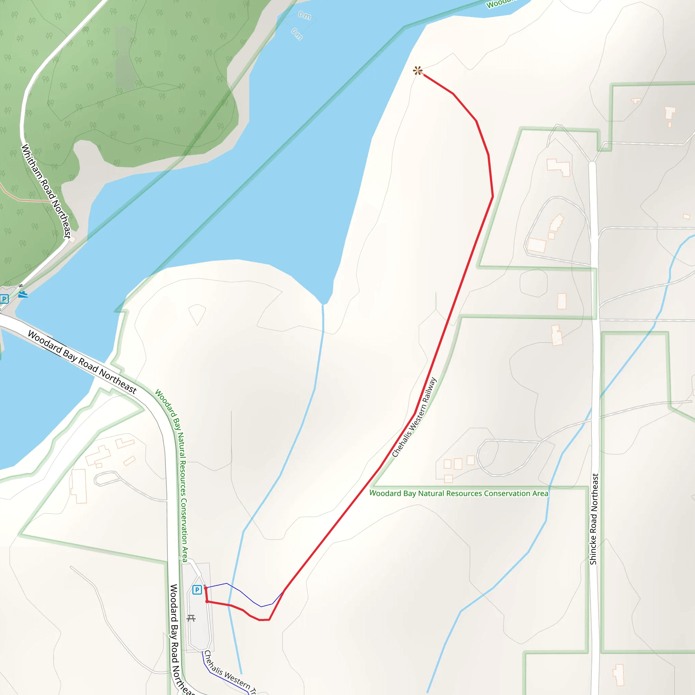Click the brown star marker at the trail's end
[417, 71]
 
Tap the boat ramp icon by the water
[23, 295]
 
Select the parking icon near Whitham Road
[4, 299]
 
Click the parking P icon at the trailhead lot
[197, 590]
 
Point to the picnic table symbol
[191, 618]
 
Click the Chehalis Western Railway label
[414, 417]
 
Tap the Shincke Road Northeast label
[594, 519]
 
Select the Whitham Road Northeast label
[46, 191]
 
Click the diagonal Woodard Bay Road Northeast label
[82, 362]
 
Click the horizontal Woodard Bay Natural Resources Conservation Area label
[459, 493]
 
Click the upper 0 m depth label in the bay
[304, 15]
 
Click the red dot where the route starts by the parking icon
[206, 588]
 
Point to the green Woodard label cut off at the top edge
[499, 4]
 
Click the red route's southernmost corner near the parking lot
[265, 620]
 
